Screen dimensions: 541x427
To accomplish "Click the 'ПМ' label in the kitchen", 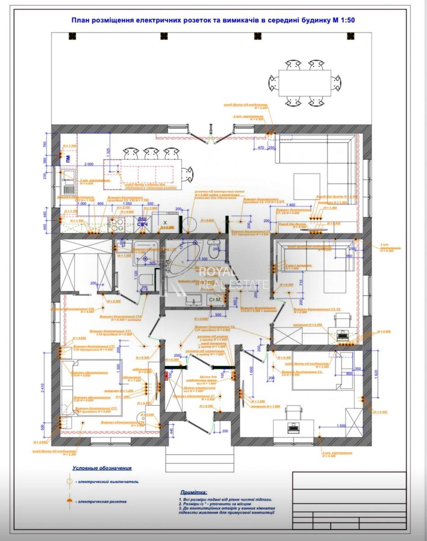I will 68,158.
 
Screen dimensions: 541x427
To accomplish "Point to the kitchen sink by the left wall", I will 68,183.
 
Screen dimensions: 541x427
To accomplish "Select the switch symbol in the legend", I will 69,481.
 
